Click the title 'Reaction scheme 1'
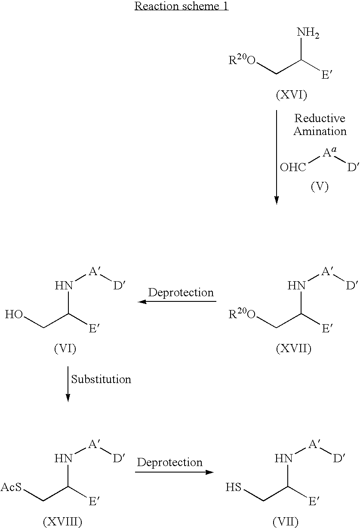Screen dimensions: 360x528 click(182, 6)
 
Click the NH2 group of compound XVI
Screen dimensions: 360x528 click(308, 33)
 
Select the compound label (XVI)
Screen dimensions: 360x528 click(291, 95)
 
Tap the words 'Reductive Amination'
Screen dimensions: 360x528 click(320, 124)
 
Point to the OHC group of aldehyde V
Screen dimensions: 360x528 click(293, 167)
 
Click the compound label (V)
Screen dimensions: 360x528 click(320, 187)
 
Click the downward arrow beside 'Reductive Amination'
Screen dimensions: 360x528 click(277, 157)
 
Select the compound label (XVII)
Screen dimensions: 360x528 click(293, 348)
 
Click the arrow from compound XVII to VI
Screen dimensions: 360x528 click(177, 301)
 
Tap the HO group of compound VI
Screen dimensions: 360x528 click(14, 314)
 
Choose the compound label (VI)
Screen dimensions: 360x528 click(65, 348)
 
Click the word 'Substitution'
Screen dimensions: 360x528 click(101, 379)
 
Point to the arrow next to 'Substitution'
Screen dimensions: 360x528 click(68, 384)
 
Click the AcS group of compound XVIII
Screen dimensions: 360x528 click(11, 487)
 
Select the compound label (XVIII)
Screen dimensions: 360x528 click(62, 522)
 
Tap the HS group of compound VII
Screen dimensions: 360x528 click(234, 487)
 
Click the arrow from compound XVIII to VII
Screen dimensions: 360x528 click(174, 472)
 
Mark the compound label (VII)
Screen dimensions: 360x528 click(286, 522)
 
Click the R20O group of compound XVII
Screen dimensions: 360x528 click(242, 314)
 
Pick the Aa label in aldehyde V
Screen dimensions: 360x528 click(329, 152)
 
